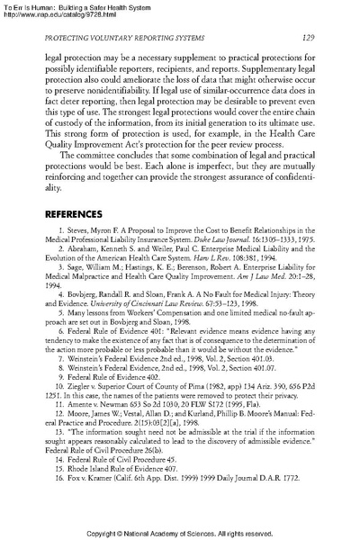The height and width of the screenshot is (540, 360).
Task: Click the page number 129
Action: click(x=306, y=35)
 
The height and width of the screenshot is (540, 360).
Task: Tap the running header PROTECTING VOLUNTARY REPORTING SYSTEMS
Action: click(x=146, y=35)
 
